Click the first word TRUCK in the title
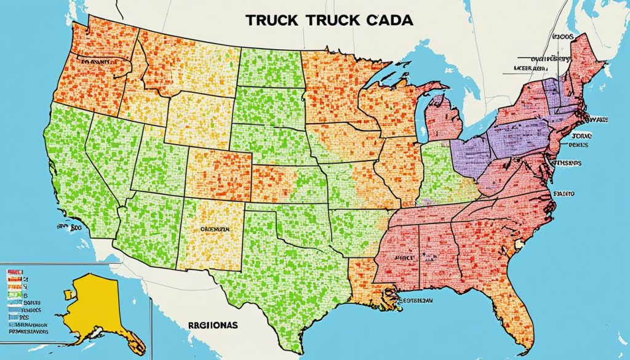[x=273, y=20]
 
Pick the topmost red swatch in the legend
[x=14, y=271]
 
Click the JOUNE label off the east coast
[x=581, y=135]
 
